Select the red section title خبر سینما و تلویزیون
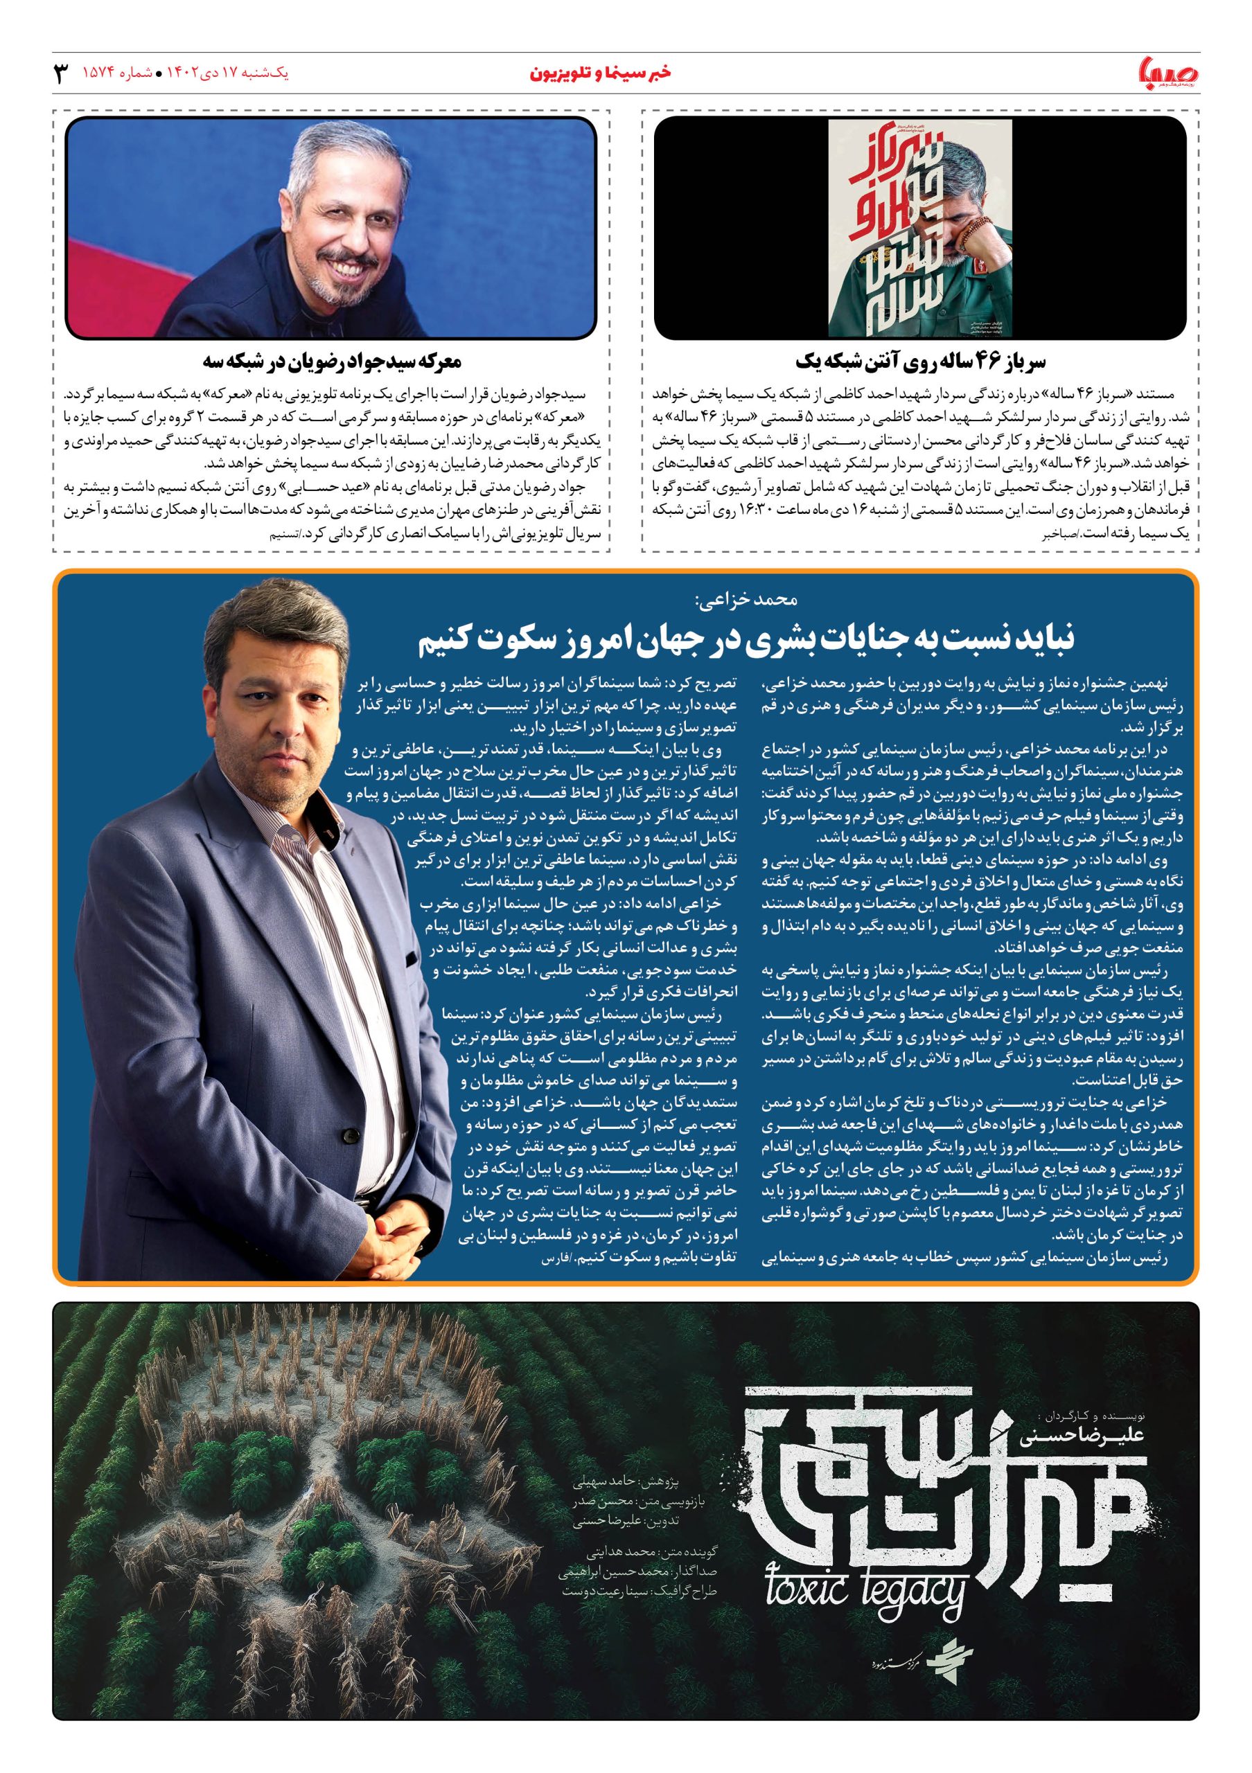(x=601, y=74)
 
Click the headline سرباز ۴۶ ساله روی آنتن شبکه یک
(x=920, y=362)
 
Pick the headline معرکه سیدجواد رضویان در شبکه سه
(x=332, y=362)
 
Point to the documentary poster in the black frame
(x=920, y=228)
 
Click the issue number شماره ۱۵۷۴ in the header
(x=116, y=74)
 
